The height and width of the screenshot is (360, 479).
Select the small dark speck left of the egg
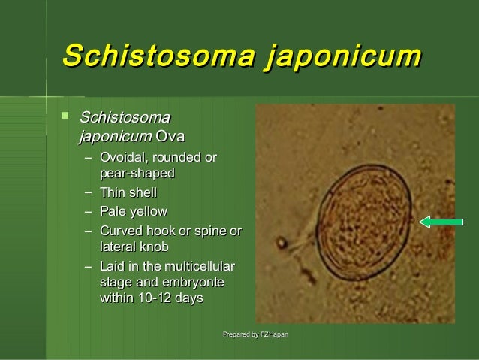(x=282, y=243)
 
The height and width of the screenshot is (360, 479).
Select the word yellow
(x=149, y=211)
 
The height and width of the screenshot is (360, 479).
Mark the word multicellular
(x=199, y=266)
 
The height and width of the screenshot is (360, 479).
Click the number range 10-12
(x=154, y=298)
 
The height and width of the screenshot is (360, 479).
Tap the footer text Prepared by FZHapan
(x=256, y=334)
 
